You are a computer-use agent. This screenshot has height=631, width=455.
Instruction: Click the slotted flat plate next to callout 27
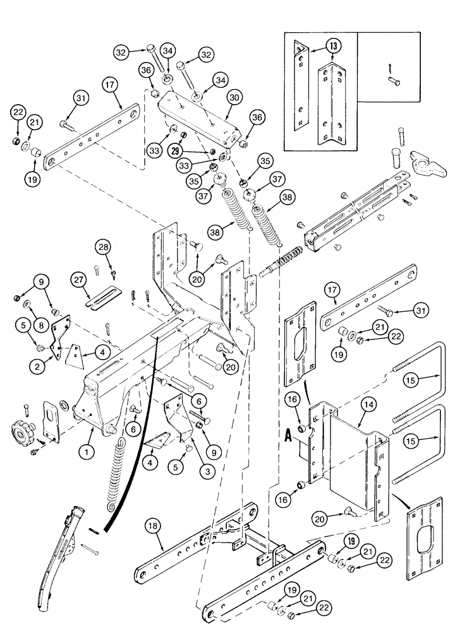point(102,296)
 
